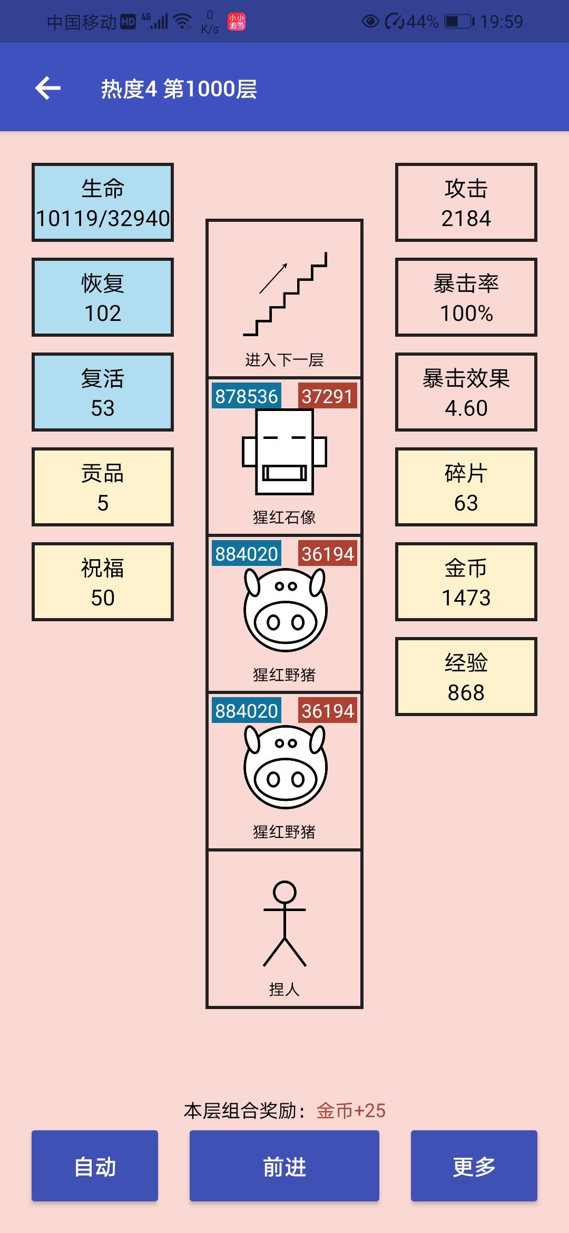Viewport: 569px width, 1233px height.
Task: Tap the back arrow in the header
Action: pyautogui.click(x=48, y=88)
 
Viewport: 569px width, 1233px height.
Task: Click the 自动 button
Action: pyautogui.click(x=95, y=1166)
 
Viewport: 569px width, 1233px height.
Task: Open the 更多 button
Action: pyautogui.click(x=474, y=1166)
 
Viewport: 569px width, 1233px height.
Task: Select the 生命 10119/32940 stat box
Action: pyautogui.click(x=103, y=202)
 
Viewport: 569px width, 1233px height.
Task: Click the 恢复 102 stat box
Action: pyautogui.click(x=103, y=297)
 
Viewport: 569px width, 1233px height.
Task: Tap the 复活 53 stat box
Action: pyautogui.click(x=103, y=392)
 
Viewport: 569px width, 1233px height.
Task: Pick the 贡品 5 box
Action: pyautogui.click(x=103, y=487)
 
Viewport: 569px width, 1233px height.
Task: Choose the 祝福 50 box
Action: pyautogui.click(x=103, y=582)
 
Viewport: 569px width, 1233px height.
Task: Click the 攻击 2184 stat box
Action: pyautogui.click(x=466, y=202)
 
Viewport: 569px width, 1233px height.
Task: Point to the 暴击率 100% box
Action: pyautogui.click(x=466, y=297)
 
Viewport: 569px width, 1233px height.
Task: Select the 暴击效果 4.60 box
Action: pyautogui.click(x=466, y=392)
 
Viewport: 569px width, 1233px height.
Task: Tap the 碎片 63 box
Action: pyautogui.click(x=466, y=487)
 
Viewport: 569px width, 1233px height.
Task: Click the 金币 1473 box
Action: pyautogui.click(x=466, y=582)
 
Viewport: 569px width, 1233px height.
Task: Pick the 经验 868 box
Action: pyautogui.click(x=466, y=677)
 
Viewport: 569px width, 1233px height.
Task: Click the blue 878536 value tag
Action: pyautogui.click(x=246, y=396)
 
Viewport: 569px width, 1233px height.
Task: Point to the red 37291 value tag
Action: pyautogui.click(x=327, y=396)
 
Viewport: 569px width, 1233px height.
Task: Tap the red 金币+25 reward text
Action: pyautogui.click(x=351, y=1111)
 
